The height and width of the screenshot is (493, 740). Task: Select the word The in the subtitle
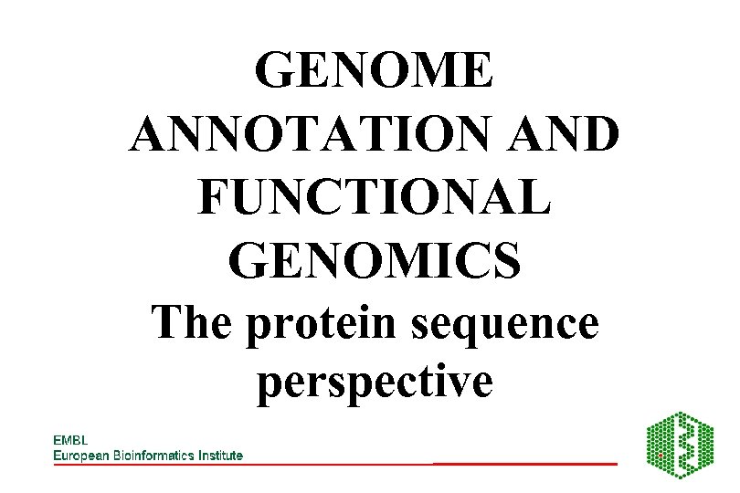192,323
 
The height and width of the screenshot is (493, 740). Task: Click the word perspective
375,382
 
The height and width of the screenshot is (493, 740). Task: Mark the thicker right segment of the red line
525,464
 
